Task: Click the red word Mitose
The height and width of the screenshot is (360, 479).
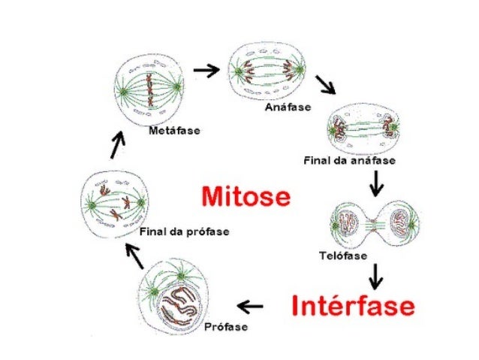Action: [245, 198]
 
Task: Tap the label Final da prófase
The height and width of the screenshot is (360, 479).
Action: [185, 231]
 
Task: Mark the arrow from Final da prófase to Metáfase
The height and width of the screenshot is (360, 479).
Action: [116, 144]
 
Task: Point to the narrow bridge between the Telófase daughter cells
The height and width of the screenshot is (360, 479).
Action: [374, 224]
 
